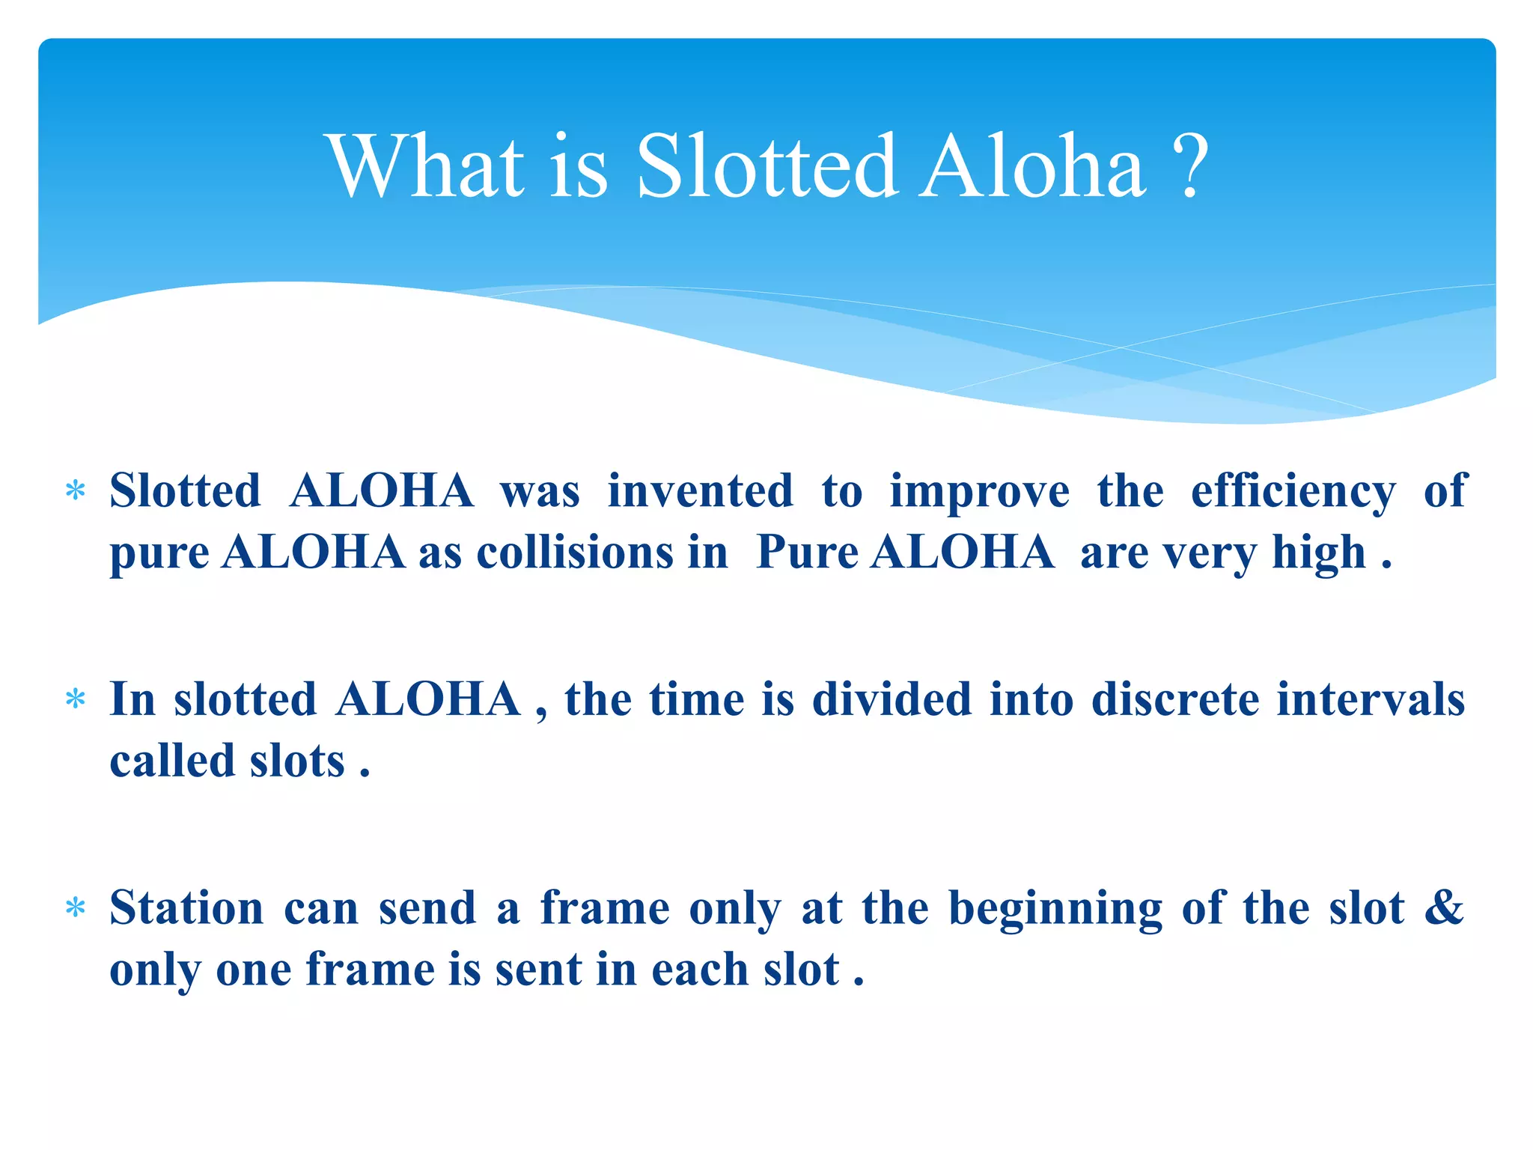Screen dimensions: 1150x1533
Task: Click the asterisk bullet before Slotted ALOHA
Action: [x=76, y=492]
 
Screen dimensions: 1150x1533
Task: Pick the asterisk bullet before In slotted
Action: [x=76, y=700]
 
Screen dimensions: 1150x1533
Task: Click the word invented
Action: [x=700, y=492]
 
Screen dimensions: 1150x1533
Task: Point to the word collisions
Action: [x=575, y=553]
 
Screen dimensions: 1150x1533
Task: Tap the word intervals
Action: [x=1371, y=700]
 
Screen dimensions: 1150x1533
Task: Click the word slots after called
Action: [x=297, y=761]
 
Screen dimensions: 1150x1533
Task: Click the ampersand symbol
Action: [x=1444, y=907]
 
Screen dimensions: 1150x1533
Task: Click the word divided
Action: [x=892, y=700]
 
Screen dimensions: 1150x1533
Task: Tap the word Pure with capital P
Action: [x=807, y=553]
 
